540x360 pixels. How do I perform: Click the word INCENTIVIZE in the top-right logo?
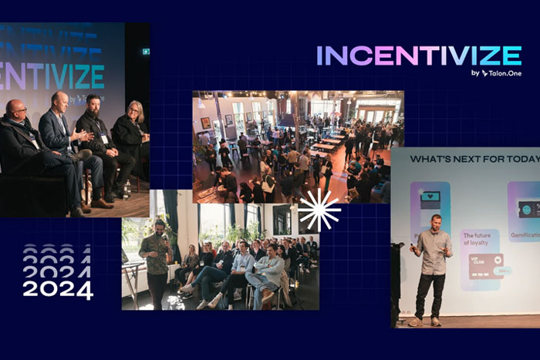click(419, 56)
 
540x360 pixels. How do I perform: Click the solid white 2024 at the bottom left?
click(58, 290)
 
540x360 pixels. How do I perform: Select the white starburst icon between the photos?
click(319, 210)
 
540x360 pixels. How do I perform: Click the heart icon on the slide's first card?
click(430, 197)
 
